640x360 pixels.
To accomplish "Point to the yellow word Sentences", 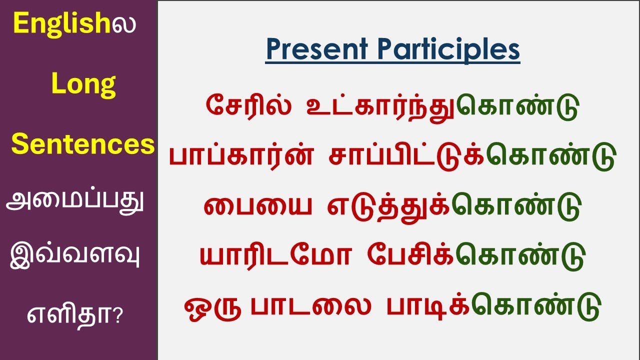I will click(x=83, y=145).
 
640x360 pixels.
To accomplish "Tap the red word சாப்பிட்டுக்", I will click(x=407, y=157).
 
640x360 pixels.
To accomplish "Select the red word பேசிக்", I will click(x=409, y=256).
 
